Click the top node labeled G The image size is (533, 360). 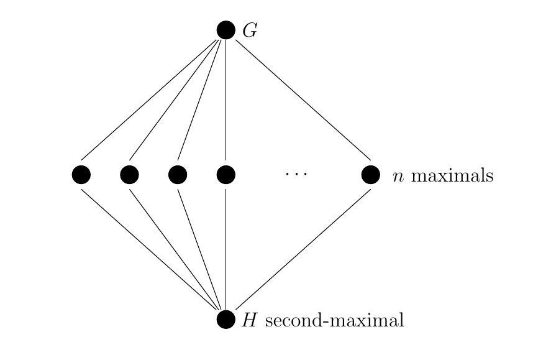coord(226,30)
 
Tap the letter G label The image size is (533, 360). coord(250,30)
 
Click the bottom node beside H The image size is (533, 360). coord(226,320)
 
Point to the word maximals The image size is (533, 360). coord(452,176)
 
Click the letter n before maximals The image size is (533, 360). coord(398,177)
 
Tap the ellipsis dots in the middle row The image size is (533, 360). coord(296,175)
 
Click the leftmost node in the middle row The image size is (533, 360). coord(81,175)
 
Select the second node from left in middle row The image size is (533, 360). coord(129,175)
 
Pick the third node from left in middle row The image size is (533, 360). coord(178,175)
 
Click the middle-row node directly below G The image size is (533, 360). coord(226,175)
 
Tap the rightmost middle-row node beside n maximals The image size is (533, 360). coord(371,175)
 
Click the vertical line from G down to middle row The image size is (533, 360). coord(226,99)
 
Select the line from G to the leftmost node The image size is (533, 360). coord(149,99)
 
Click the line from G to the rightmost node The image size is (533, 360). coord(303,99)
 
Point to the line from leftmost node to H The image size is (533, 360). coord(149,249)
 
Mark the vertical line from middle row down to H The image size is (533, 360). coord(226,249)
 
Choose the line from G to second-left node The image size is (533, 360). coord(175,99)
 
